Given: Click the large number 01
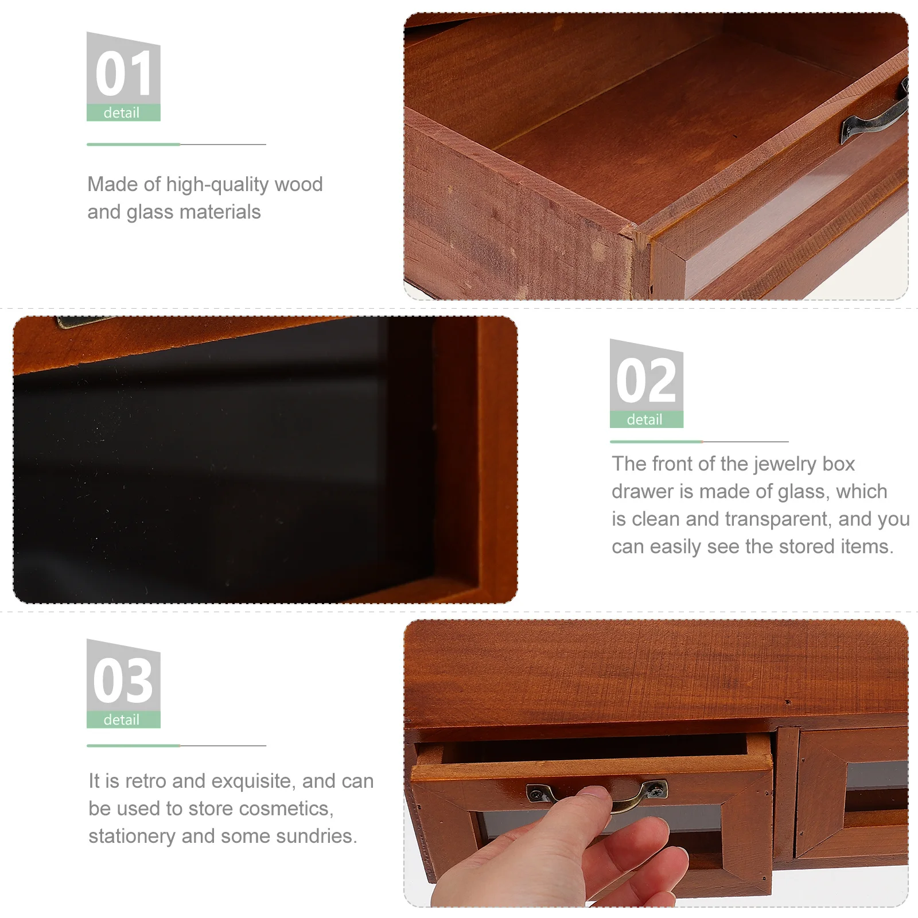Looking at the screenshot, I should (123, 73).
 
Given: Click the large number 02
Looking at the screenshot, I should (646, 380).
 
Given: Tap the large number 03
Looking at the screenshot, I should (123, 680).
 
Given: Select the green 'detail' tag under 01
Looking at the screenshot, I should (122, 113).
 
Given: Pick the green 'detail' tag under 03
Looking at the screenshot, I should (122, 720).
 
